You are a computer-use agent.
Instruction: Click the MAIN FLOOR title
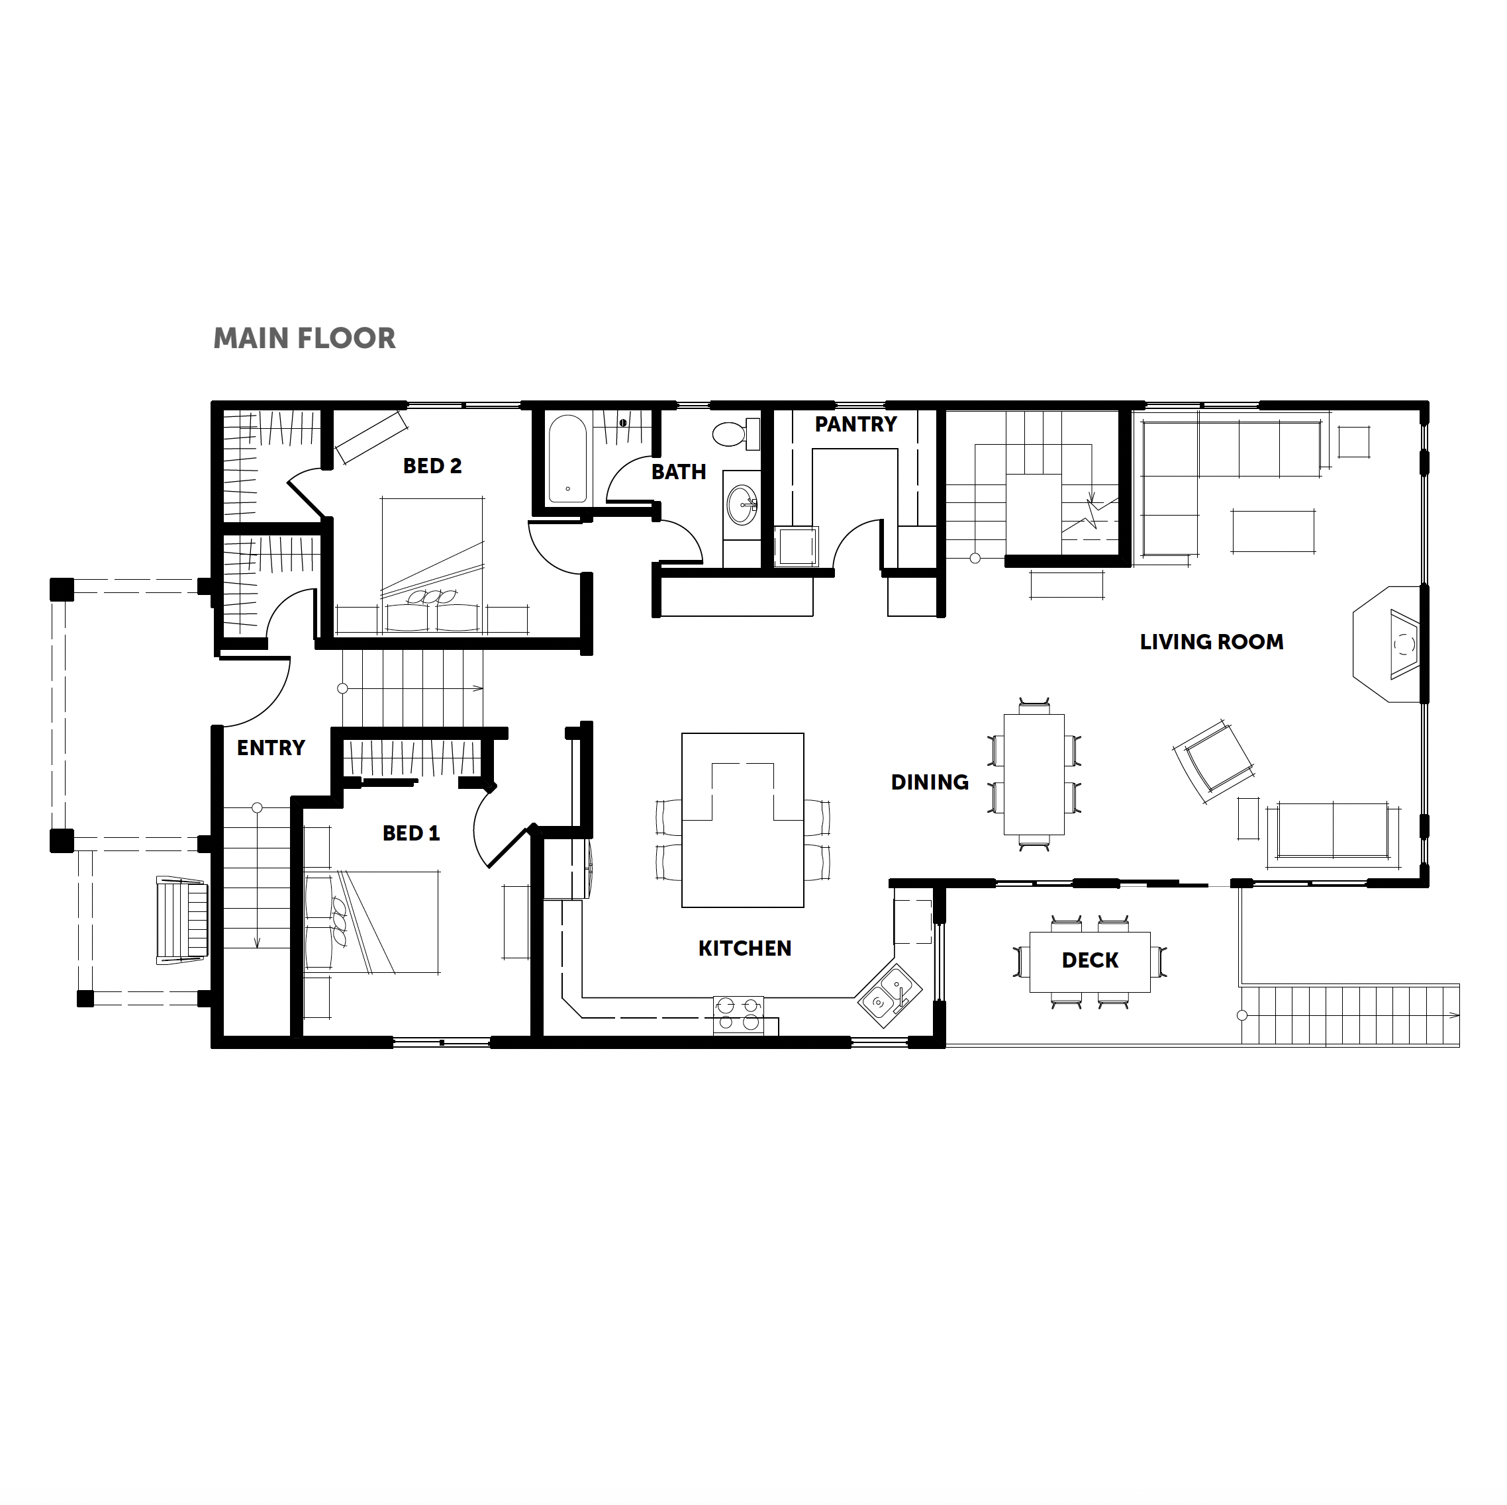tap(304, 338)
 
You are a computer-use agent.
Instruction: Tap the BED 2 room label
tap(432, 467)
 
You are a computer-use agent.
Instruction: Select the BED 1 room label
tap(411, 834)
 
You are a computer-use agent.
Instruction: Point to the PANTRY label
tap(855, 424)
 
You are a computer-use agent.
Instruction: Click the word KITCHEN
tap(745, 948)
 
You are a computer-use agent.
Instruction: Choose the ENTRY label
tap(271, 748)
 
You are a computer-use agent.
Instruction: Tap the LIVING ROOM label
tap(1212, 642)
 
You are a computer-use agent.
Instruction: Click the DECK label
tap(1090, 961)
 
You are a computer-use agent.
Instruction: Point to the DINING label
tap(930, 782)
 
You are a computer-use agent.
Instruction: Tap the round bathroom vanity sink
tap(742, 505)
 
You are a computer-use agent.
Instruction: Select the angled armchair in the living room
tap(1213, 762)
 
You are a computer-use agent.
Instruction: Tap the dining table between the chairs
tap(1034, 774)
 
